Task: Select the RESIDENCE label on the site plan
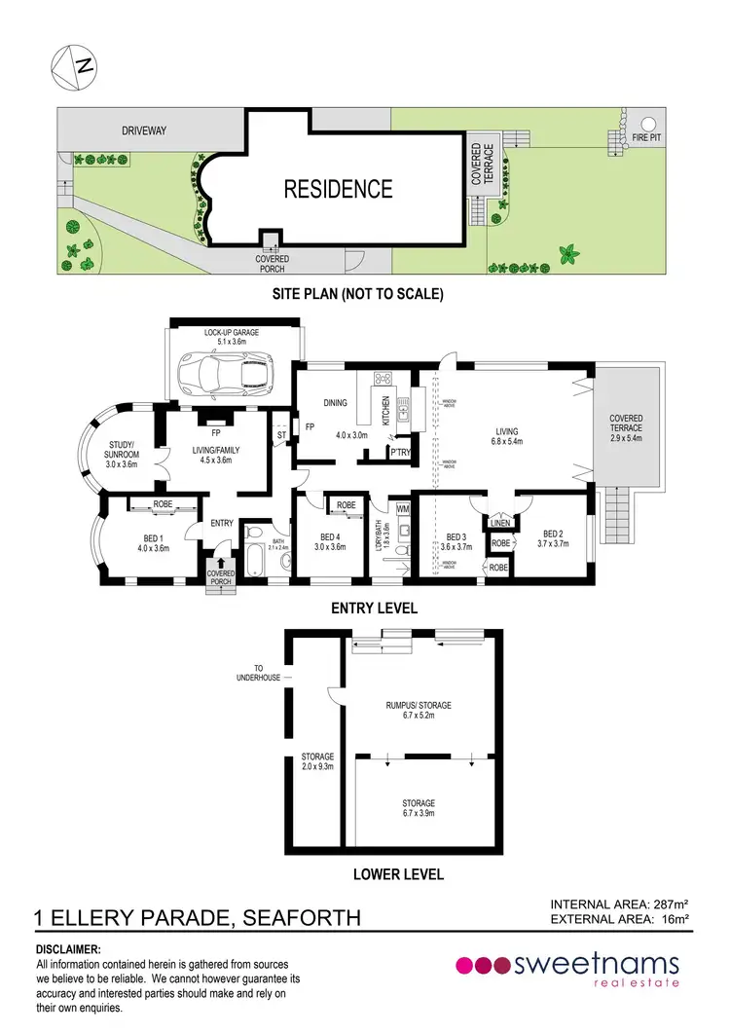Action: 338,189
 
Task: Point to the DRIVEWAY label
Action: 146,129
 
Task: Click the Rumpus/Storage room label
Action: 419,710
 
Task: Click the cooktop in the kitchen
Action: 383,381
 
